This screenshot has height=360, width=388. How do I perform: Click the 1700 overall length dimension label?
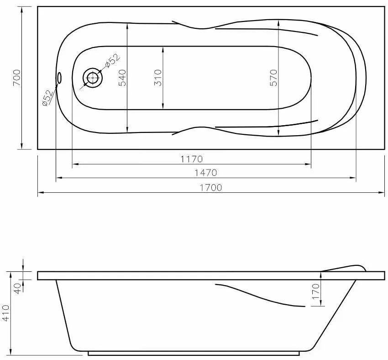click(210, 187)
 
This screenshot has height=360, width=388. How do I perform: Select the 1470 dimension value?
click(205, 173)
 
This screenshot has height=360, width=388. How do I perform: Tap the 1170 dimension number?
click(191, 159)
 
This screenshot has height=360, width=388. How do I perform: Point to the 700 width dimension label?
click(16, 78)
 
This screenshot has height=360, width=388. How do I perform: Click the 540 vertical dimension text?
click(121, 78)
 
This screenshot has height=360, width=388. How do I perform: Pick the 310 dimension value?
click(158, 78)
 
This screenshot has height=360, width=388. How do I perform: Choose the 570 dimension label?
click(273, 78)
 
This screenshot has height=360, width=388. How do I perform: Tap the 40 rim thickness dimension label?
click(18, 288)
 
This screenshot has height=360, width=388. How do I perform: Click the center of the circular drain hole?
click(93, 78)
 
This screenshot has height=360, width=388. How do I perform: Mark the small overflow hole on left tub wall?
click(59, 78)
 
